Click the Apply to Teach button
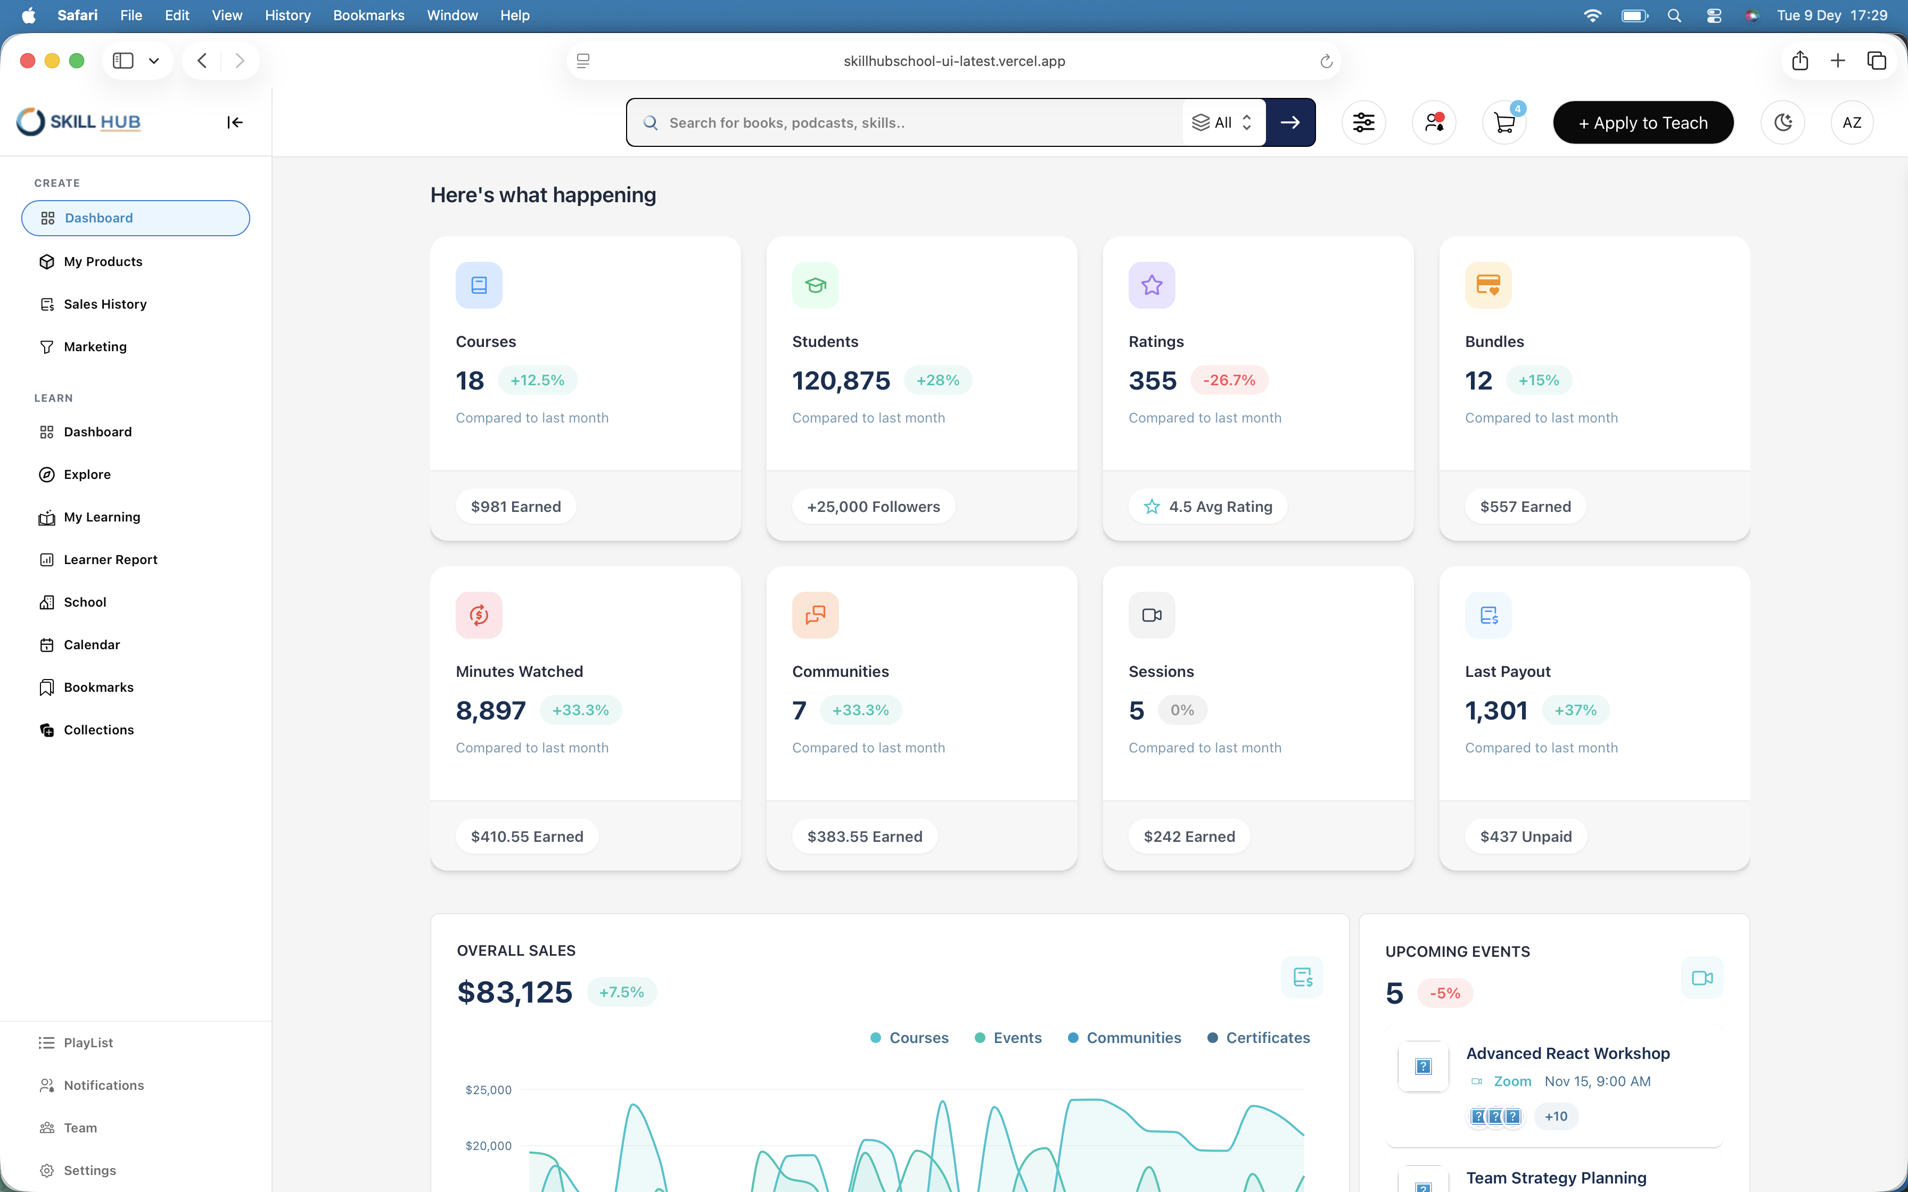pos(1643,122)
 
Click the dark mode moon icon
pos(1783,122)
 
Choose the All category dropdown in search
pos(1223,122)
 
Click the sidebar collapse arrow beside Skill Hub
pos(235,122)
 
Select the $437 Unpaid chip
pos(1526,837)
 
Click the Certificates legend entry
pos(1259,1038)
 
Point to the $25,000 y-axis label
pos(488,1089)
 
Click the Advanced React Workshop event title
pos(1567,1053)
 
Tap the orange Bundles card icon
pos(1488,285)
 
